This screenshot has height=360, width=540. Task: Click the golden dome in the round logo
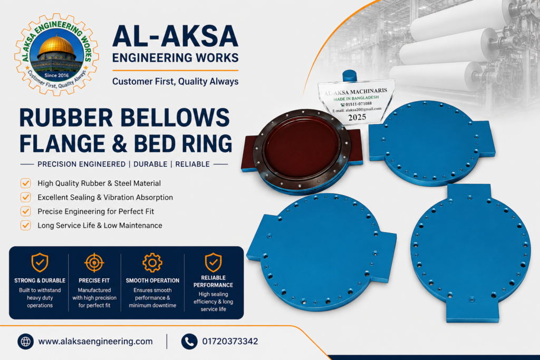(56, 45)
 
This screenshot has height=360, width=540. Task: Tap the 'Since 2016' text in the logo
(56, 75)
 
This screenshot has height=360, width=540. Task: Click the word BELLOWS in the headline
(175, 118)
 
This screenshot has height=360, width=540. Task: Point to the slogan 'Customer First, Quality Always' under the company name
(175, 82)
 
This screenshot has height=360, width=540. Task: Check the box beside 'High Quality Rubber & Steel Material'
(25, 183)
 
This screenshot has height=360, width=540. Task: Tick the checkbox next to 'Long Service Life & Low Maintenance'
(25, 226)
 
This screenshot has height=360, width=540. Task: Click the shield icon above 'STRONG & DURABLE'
(40, 262)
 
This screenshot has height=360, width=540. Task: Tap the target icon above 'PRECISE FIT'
(94, 262)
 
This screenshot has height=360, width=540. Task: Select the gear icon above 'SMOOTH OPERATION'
(152, 262)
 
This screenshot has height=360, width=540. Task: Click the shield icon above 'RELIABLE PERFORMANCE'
(213, 262)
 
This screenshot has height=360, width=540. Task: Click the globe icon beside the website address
(25, 342)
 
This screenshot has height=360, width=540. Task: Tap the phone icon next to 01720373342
(189, 342)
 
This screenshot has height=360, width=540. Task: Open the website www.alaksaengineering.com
(95, 342)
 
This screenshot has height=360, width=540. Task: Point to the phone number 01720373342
(230, 342)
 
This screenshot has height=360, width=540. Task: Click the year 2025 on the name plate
(357, 118)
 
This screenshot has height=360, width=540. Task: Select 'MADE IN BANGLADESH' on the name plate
(356, 98)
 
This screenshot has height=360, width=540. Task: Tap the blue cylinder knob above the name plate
(349, 75)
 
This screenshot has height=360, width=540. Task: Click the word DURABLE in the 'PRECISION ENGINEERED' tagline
(150, 164)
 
